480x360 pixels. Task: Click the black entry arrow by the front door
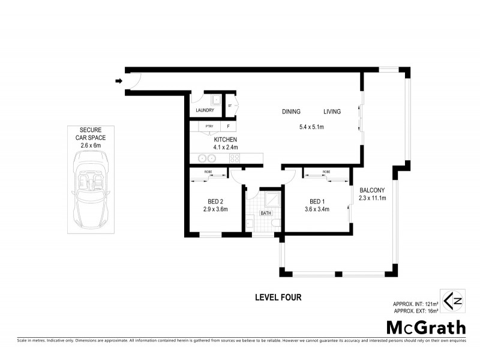[x=119, y=81]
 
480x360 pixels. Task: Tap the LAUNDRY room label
[x=205, y=110]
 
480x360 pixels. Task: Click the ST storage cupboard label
[x=229, y=106]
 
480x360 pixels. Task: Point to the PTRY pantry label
[x=209, y=127]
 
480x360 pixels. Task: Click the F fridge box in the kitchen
[x=228, y=127]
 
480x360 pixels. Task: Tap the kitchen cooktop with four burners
[x=234, y=159]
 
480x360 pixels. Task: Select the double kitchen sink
[x=207, y=159]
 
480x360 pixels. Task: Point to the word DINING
[x=292, y=112]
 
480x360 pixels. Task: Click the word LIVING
[x=332, y=112]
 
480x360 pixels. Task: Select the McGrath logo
[x=425, y=328]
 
